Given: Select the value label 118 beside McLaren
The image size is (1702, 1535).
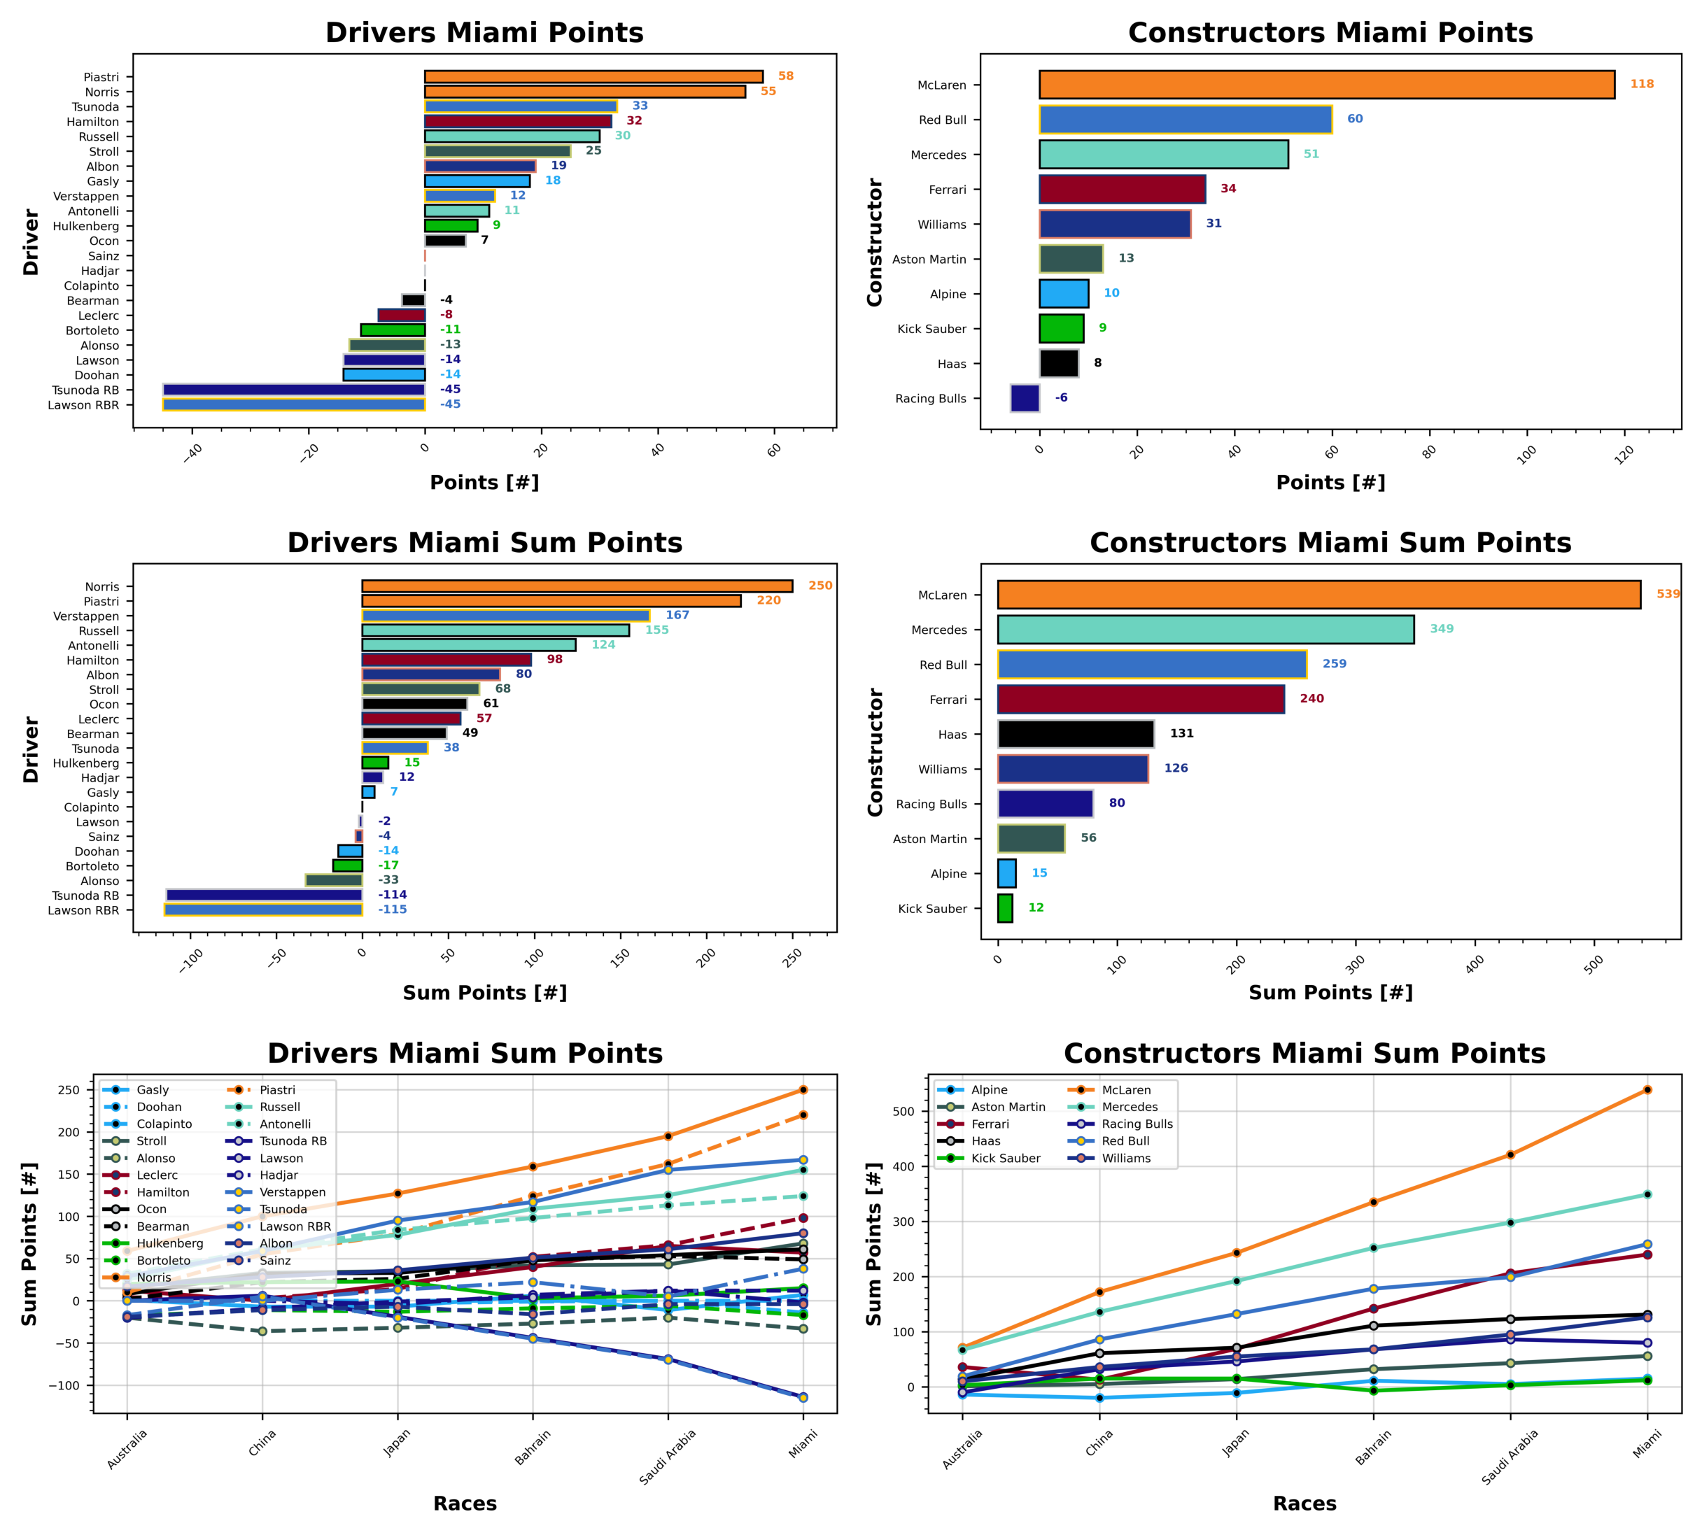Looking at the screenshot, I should point(1640,85).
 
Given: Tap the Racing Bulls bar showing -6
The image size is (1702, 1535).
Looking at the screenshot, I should point(1025,398).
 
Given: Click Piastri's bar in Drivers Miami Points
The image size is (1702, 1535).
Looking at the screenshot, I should point(593,77).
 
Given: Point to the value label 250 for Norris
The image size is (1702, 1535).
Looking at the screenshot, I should point(820,586).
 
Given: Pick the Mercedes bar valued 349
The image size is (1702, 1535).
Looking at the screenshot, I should point(1205,629).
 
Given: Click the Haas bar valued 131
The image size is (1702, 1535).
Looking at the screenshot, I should point(1075,734).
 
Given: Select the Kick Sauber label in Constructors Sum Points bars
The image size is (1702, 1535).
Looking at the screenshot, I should point(931,908).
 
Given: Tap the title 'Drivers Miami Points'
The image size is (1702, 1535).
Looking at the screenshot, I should point(484,32).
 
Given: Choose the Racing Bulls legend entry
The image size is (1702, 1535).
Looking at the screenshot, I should point(1137,1124).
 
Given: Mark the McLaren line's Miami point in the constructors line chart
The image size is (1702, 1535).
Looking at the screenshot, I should point(1646,1089).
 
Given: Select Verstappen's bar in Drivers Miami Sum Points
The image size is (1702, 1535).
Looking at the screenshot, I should point(505,616).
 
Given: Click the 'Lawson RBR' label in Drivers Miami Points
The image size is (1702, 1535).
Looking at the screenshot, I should point(83,405).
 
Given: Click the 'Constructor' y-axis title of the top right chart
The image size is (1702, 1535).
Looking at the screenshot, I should point(874,242).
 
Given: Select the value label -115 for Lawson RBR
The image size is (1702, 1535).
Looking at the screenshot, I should point(393,910).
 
